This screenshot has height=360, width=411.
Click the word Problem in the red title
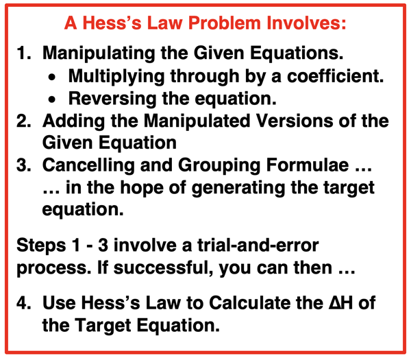click(x=225, y=23)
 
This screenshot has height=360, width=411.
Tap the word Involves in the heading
click(x=306, y=23)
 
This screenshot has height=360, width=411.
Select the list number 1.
click(x=23, y=53)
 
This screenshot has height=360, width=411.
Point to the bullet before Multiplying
click(x=52, y=77)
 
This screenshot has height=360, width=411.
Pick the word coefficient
click(x=335, y=76)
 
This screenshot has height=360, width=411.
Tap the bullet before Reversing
click(x=52, y=99)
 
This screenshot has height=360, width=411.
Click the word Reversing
click(x=112, y=99)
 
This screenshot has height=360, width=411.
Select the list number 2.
click(x=23, y=121)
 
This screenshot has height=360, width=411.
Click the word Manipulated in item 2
click(x=197, y=122)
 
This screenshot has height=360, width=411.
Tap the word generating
click(x=238, y=189)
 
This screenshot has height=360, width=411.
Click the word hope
click(x=142, y=189)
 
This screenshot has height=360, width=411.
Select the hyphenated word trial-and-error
click(x=258, y=245)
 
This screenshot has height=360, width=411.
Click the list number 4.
click(x=23, y=302)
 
